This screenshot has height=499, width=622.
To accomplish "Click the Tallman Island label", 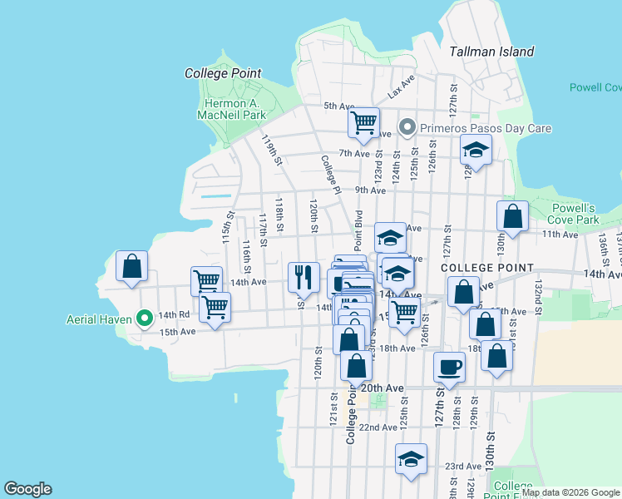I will click(491, 52).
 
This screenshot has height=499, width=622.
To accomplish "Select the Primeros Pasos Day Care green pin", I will click(407, 128).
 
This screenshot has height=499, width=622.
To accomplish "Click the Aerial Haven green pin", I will click(144, 317).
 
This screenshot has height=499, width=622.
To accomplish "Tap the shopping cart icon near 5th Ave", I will click(363, 123).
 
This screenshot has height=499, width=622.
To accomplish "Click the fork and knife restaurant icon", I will click(304, 276).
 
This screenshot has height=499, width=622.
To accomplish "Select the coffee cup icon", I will click(450, 367).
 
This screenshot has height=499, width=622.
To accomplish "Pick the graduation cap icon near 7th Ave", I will click(476, 150).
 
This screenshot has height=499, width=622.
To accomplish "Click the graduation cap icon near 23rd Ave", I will click(411, 460).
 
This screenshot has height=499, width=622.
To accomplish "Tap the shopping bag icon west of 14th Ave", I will click(131, 267).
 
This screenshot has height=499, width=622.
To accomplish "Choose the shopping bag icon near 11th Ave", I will click(513, 217).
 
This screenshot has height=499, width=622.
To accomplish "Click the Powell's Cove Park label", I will click(575, 214).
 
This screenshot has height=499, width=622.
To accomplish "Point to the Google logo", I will click(27, 489).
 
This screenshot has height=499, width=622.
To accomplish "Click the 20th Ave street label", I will click(382, 388).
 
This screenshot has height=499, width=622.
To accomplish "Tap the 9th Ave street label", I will click(371, 190).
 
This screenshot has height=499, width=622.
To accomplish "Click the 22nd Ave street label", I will click(378, 427).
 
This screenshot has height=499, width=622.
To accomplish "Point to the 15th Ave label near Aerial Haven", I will click(177, 331).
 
